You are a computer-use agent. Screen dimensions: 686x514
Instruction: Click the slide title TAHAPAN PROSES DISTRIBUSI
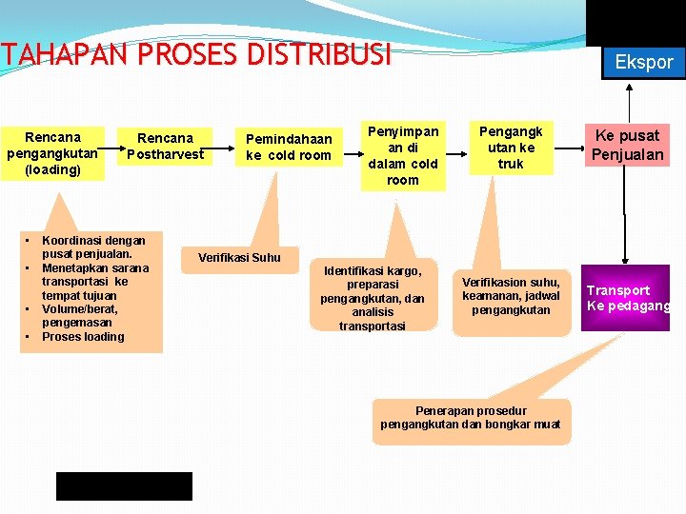click(195, 56)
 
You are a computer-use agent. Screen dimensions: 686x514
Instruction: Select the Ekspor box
click(643, 63)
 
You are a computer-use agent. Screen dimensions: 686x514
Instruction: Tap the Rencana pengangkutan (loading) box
click(52, 153)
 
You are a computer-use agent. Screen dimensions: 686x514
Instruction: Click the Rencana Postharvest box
click(165, 146)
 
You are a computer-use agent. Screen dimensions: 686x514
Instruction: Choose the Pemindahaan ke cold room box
click(288, 147)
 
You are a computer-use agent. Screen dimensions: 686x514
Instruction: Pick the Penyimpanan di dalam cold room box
click(402, 154)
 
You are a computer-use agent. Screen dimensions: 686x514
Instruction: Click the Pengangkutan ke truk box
click(511, 148)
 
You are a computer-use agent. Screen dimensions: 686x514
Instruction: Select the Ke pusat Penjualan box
click(627, 145)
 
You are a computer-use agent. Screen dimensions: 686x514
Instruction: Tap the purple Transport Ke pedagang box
click(626, 298)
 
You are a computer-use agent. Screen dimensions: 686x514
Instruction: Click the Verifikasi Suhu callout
click(239, 257)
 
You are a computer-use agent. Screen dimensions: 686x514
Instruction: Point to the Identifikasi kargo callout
click(373, 298)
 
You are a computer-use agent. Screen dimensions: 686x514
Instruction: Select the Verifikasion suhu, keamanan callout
click(511, 296)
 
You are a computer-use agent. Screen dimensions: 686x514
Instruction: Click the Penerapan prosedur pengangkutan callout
click(471, 418)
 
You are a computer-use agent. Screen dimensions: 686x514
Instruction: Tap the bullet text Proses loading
click(83, 336)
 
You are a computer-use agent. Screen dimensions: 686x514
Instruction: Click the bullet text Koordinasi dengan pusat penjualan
click(93, 247)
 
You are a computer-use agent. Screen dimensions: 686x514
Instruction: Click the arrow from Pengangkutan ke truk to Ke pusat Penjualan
click(562, 148)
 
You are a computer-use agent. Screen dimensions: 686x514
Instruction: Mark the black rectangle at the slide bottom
click(124, 485)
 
